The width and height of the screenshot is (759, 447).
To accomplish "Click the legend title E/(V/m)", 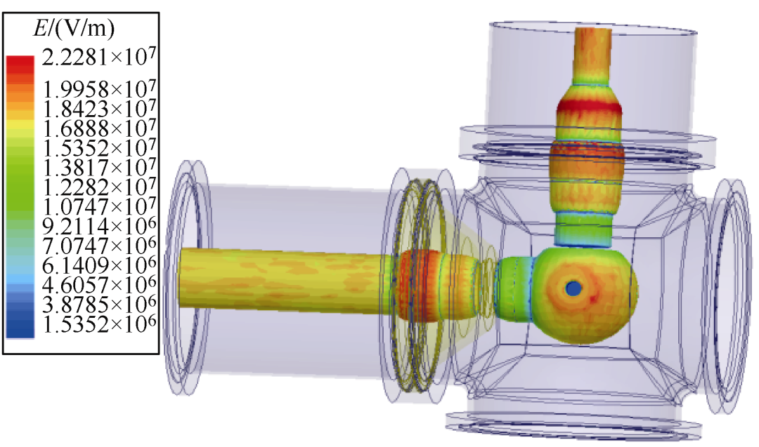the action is [x=74, y=29].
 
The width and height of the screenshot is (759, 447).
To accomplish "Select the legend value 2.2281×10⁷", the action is [x=99, y=58].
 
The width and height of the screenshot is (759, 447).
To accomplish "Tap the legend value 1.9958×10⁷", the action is [x=99, y=88].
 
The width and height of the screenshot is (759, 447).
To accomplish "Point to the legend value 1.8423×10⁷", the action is [x=99, y=108].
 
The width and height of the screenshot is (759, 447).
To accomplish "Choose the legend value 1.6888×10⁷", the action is [x=99, y=128].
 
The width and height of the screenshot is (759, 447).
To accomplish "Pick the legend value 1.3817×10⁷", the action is [x=99, y=167].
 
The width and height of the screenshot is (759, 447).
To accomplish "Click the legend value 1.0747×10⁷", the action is [x=99, y=206].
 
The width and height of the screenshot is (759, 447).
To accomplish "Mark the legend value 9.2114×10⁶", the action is [x=99, y=226].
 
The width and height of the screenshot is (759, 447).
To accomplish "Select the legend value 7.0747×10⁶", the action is [x=99, y=246].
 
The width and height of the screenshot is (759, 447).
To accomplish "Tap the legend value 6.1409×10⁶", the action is [x=99, y=265].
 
